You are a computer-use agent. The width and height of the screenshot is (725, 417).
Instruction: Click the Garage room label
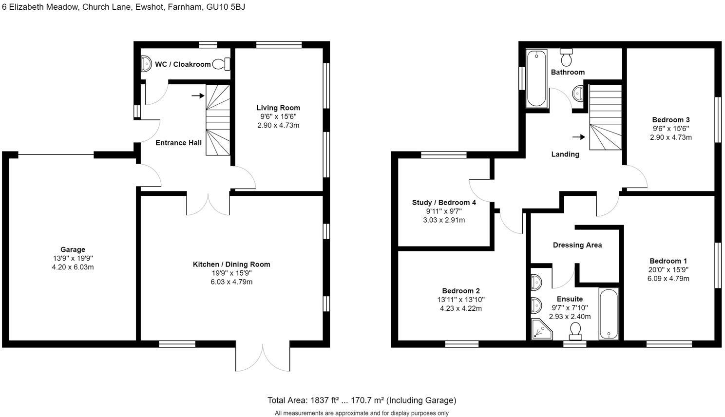(x=73, y=249)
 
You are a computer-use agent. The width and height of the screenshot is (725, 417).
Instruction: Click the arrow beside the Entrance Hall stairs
(x=197, y=96)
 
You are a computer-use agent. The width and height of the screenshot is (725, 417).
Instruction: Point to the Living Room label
(x=278, y=108)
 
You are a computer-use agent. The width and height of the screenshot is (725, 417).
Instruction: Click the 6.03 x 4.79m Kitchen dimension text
(x=231, y=282)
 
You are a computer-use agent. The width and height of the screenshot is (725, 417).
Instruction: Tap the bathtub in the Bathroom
(x=536, y=78)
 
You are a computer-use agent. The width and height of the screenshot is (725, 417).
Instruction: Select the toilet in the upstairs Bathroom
(x=566, y=57)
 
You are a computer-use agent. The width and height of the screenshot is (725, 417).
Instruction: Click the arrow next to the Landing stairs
(x=578, y=137)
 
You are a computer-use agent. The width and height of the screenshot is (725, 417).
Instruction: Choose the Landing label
(x=565, y=154)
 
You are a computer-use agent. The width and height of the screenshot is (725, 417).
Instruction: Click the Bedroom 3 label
(x=670, y=120)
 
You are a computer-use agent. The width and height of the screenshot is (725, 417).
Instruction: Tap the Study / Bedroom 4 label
(x=444, y=202)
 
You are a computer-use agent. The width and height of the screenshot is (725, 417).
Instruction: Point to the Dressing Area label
(x=577, y=245)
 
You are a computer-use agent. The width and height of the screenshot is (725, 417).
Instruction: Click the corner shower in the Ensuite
(x=540, y=330)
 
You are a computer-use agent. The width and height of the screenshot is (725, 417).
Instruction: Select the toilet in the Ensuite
(x=575, y=330)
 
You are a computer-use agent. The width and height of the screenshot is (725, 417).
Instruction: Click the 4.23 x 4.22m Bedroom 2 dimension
(x=461, y=308)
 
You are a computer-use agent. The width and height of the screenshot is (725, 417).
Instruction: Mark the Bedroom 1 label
(x=668, y=261)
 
